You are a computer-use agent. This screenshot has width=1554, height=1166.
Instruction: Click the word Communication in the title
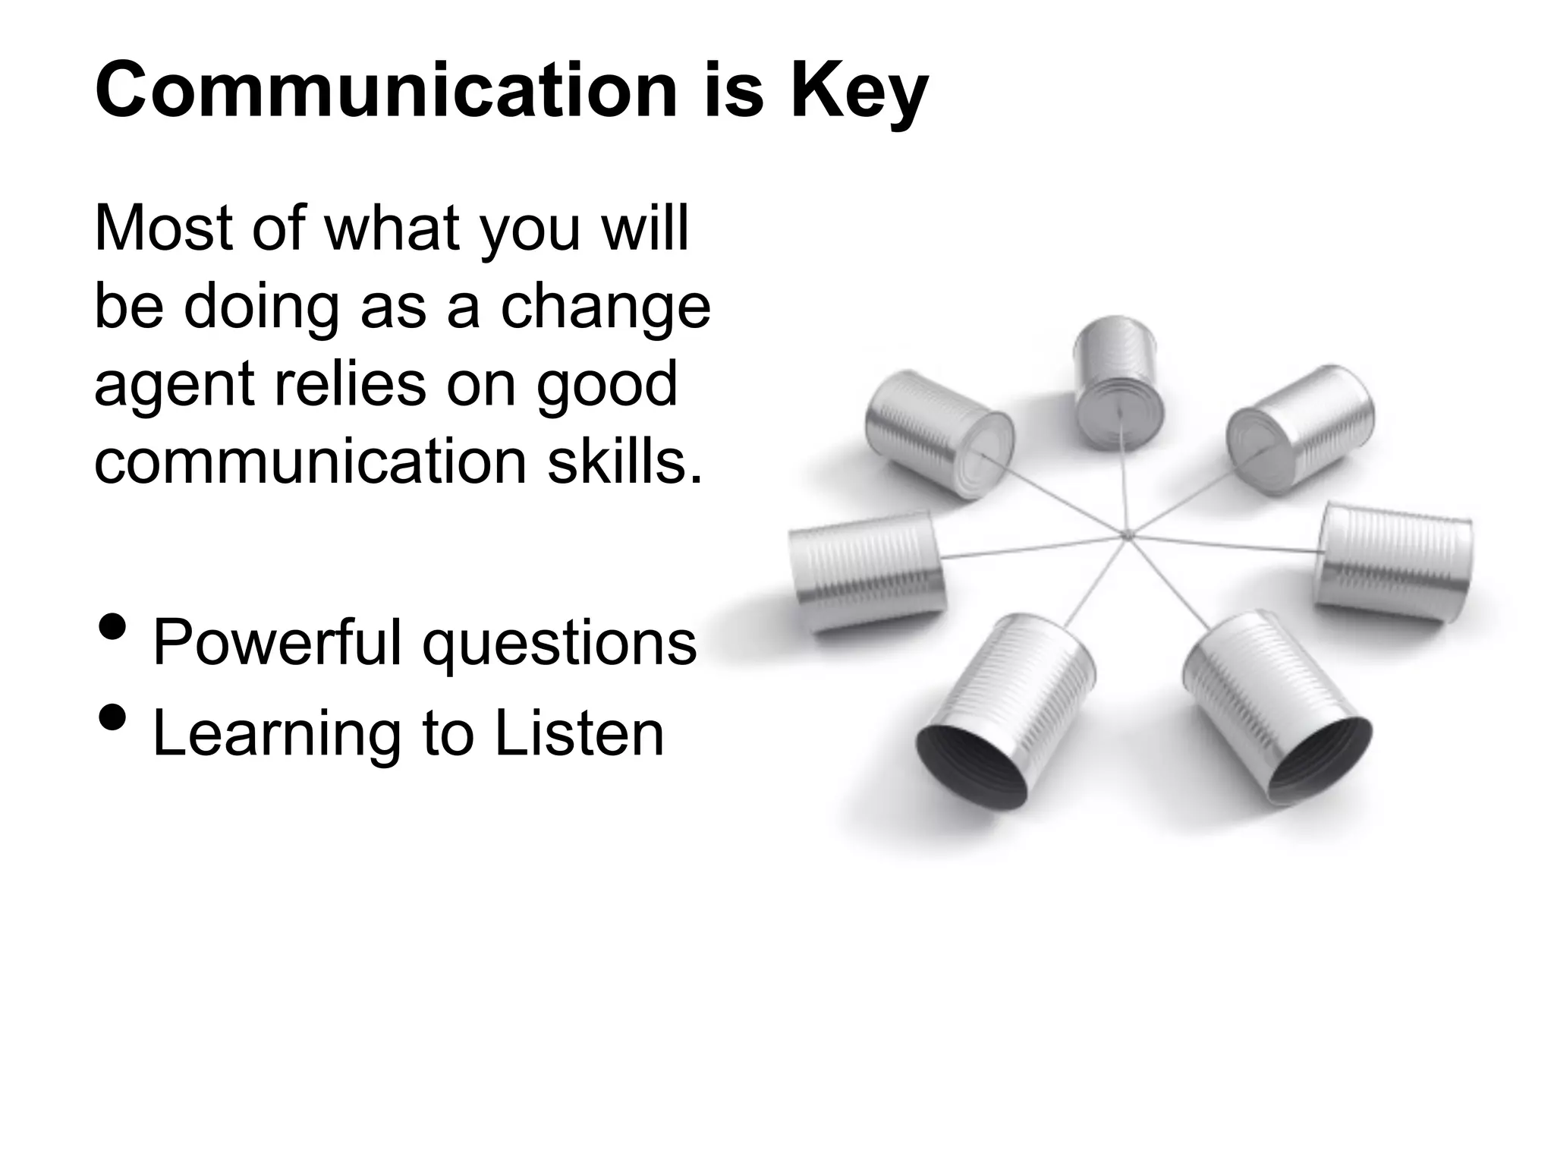click(x=385, y=91)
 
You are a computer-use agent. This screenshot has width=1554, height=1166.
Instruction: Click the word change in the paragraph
click(x=605, y=307)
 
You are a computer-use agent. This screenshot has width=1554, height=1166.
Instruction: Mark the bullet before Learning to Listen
click(x=113, y=717)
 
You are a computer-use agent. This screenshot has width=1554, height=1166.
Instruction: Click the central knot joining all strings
click(x=1127, y=536)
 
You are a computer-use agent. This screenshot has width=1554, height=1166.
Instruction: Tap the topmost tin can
click(x=1118, y=383)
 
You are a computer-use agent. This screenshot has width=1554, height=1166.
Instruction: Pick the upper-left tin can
click(x=939, y=432)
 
